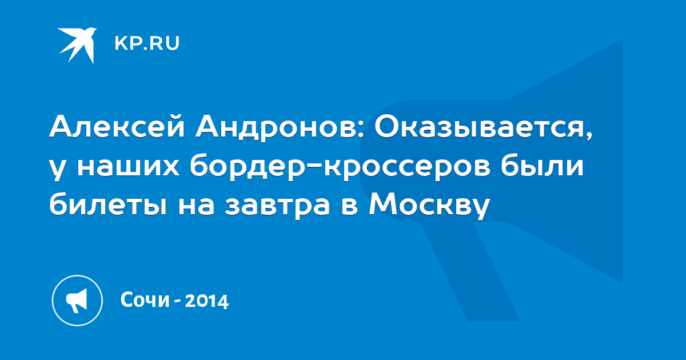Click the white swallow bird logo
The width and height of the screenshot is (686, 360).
tap(78, 45)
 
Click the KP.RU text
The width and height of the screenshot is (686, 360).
tap(147, 43)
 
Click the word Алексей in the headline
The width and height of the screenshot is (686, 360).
tap(117, 126)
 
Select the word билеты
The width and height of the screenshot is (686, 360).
tap(108, 203)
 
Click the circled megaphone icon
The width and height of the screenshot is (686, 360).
tap(77, 301)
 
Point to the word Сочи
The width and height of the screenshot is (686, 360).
tap(145, 299)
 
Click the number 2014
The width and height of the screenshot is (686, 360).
tap(207, 301)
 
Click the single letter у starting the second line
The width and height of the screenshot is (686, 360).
tap(58, 169)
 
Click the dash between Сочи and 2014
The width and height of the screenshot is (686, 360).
tap(177, 301)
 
